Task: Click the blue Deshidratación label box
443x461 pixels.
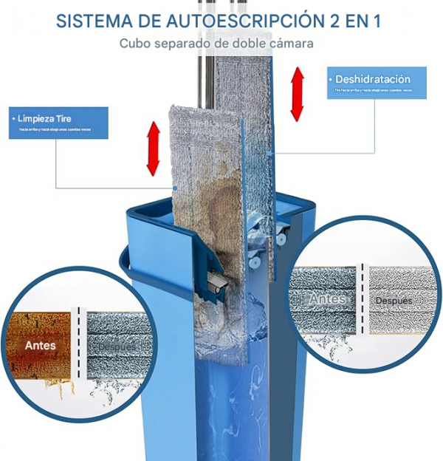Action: pos(377,83)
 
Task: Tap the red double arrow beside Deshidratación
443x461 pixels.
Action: pos(297,94)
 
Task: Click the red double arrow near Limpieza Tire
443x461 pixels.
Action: pos(154,148)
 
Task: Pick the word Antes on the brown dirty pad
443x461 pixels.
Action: pos(41,345)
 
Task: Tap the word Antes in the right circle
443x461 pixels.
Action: pos(327,299)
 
